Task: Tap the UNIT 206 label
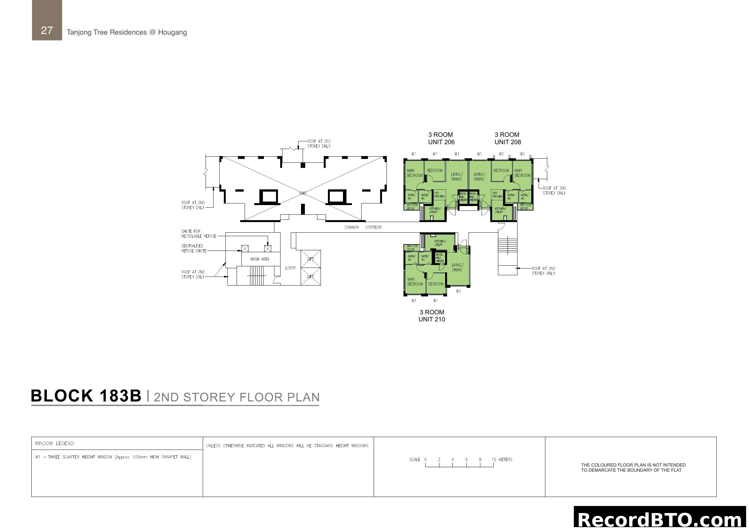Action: tap(441, 142)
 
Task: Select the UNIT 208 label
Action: tap(508, 142)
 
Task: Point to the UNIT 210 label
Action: tap(432, 319)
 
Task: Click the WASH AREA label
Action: tap(260, 259)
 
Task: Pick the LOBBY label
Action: tap(290, 268)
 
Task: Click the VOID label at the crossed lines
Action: tap(303, 194)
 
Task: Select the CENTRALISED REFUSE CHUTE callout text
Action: tap(194, 248)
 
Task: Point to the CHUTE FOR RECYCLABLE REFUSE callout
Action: tap(199, 234)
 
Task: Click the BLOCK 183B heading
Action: tap(86, 396)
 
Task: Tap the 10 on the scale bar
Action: tap(493, 460)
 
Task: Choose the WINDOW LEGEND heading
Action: tap(55, 443)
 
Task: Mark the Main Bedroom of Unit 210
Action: tap(415, 282)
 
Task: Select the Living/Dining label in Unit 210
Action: tap(457, 267)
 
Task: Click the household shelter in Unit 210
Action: tap(440, 258)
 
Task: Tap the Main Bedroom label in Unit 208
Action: tap(522, 173)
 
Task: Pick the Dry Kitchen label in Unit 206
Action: tap(439, 195)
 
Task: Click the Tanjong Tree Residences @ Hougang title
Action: tap(126, 32)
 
